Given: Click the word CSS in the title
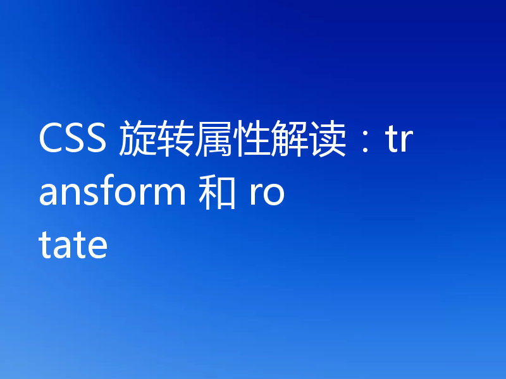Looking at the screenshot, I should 73,140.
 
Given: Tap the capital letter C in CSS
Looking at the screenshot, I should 51,140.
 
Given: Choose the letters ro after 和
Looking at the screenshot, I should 266,195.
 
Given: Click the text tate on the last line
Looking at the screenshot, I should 73,246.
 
